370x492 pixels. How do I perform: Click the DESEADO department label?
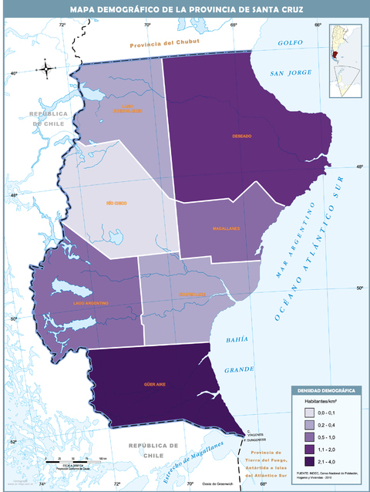click(x=241, y=136)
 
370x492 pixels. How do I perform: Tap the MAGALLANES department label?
click(x=227, y=229)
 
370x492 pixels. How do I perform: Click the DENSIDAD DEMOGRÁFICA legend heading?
click(x=326, y=391)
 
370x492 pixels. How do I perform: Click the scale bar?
click(x=76, y=461)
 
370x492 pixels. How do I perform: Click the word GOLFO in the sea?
click(x=292, y=42)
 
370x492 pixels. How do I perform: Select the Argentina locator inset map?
click(x=345, y=62)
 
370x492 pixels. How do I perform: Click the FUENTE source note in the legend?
click(x=325, y=473)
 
